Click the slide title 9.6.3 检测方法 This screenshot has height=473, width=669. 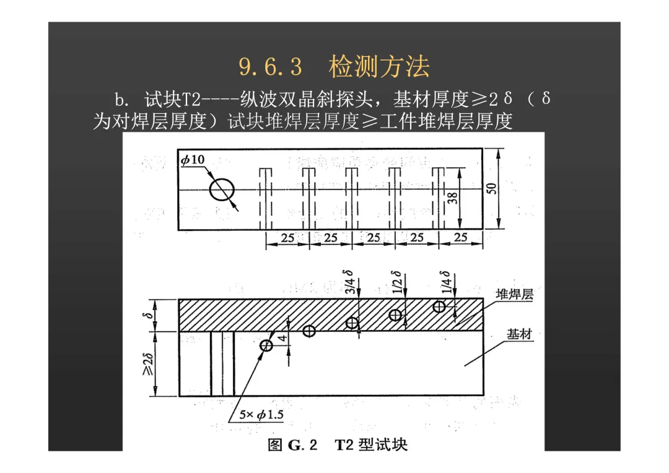(334, 67)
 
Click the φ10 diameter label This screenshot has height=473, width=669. (193, 160)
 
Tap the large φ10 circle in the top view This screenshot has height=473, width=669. (222, 189)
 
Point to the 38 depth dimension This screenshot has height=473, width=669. (453, 198)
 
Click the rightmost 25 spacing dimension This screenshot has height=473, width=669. (461, 237)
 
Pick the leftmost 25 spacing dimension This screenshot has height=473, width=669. (287, 237)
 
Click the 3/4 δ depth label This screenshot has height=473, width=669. (349, 282)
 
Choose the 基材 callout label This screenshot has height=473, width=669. (519, 334)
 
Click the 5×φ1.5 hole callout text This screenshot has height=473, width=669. (261, 415)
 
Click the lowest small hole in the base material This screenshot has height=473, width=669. (266, 345)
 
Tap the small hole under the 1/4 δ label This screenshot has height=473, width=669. (439, 306)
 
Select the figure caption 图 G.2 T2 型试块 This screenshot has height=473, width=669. (338, 445)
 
